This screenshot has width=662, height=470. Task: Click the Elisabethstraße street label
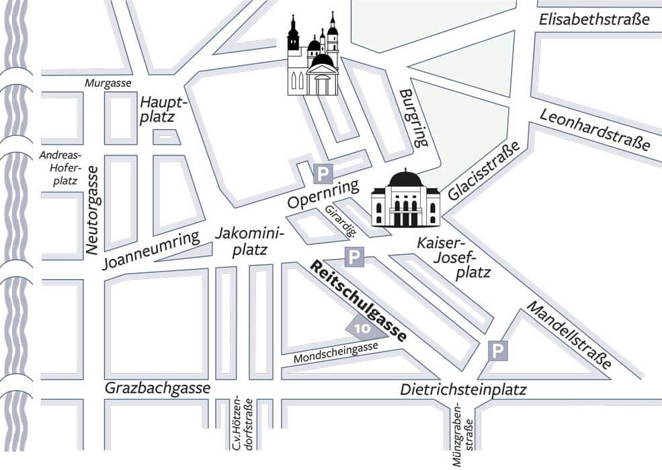point(594,19)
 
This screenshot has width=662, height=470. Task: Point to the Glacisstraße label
point(484,172)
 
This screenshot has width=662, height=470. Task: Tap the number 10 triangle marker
point(361,329)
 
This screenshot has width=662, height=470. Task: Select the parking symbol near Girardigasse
point(354,257)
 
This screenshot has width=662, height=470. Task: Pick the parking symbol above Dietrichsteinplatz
point(497,350)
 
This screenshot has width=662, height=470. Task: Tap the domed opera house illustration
point(405,199)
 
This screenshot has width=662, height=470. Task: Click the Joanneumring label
point(152,249)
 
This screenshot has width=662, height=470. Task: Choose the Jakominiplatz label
point(250,241)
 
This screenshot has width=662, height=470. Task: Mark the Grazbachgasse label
point(157,389)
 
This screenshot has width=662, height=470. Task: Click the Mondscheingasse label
point(337,354)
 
